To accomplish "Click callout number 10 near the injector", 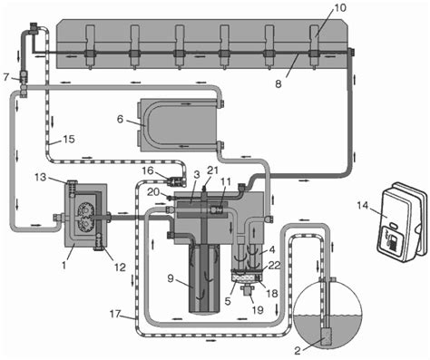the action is coord(339,7).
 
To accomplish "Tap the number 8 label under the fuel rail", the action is coord(279,83).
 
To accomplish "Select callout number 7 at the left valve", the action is coord(6,77).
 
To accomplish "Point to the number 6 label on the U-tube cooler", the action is coord(120,120).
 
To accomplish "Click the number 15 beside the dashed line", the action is coord(68,140).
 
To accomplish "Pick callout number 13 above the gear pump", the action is coord(40,177).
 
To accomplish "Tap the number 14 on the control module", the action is coord(363,206).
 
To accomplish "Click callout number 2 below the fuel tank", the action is coord(298,351).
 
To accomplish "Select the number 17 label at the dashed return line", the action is coord(115,315).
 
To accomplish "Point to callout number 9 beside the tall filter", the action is coord(171,278).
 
